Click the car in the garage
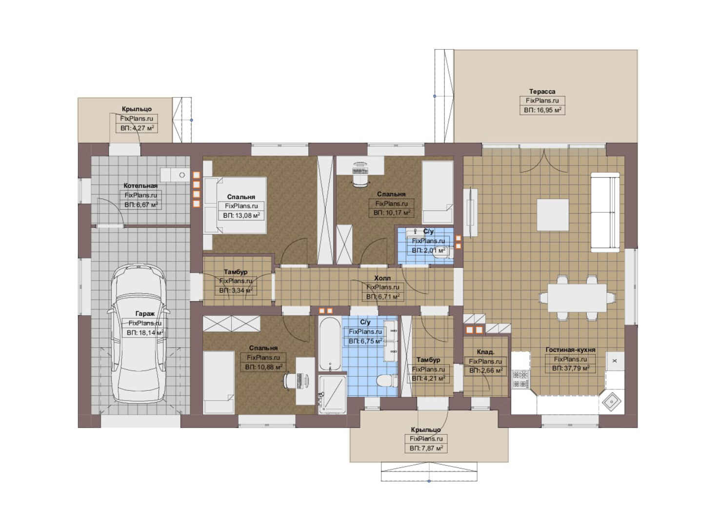(139, 333)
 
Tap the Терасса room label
(542, 92)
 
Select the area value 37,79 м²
(570, 368)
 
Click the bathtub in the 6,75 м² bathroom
(330, 344)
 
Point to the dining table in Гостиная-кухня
(577, 298)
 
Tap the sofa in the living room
(605, 212)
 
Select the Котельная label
(140, 185)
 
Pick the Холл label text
(382, 278)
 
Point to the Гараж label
(145, 314)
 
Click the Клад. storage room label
(485, 352)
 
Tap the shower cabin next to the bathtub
(333, 394)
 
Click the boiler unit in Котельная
(175, 175)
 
